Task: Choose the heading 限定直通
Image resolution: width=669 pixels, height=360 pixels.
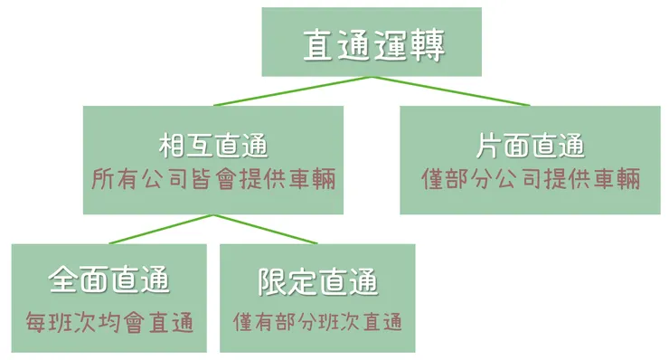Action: click(317, 281)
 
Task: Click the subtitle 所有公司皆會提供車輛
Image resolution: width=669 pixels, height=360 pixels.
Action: click(213, 179)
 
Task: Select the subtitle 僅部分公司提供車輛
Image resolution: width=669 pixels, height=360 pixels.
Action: click(531, 179)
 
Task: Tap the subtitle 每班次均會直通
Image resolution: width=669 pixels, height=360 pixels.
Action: click(109, 322)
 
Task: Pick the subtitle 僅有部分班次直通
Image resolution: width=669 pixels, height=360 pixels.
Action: click(317, 322)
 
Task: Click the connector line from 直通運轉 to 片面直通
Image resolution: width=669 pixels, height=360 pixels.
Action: click(452, 91)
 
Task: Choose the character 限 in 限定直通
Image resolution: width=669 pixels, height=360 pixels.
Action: click(272, 281)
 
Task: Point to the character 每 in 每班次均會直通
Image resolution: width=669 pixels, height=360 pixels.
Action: click(34, 322)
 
